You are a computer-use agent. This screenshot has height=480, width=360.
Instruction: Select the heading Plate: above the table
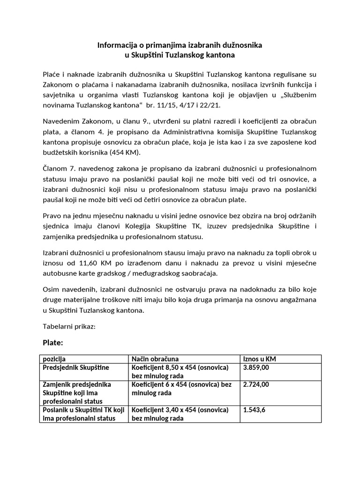(52, 343)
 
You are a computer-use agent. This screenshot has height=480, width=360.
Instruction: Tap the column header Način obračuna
(155, 359)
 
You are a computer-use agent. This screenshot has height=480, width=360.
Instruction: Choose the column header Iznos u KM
(259, 359)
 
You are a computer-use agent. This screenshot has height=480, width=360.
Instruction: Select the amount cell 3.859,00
(256, 367)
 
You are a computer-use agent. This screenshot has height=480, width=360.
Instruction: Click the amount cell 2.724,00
(256, 384)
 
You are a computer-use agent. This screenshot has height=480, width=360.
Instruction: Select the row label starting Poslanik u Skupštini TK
(84, 410)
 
